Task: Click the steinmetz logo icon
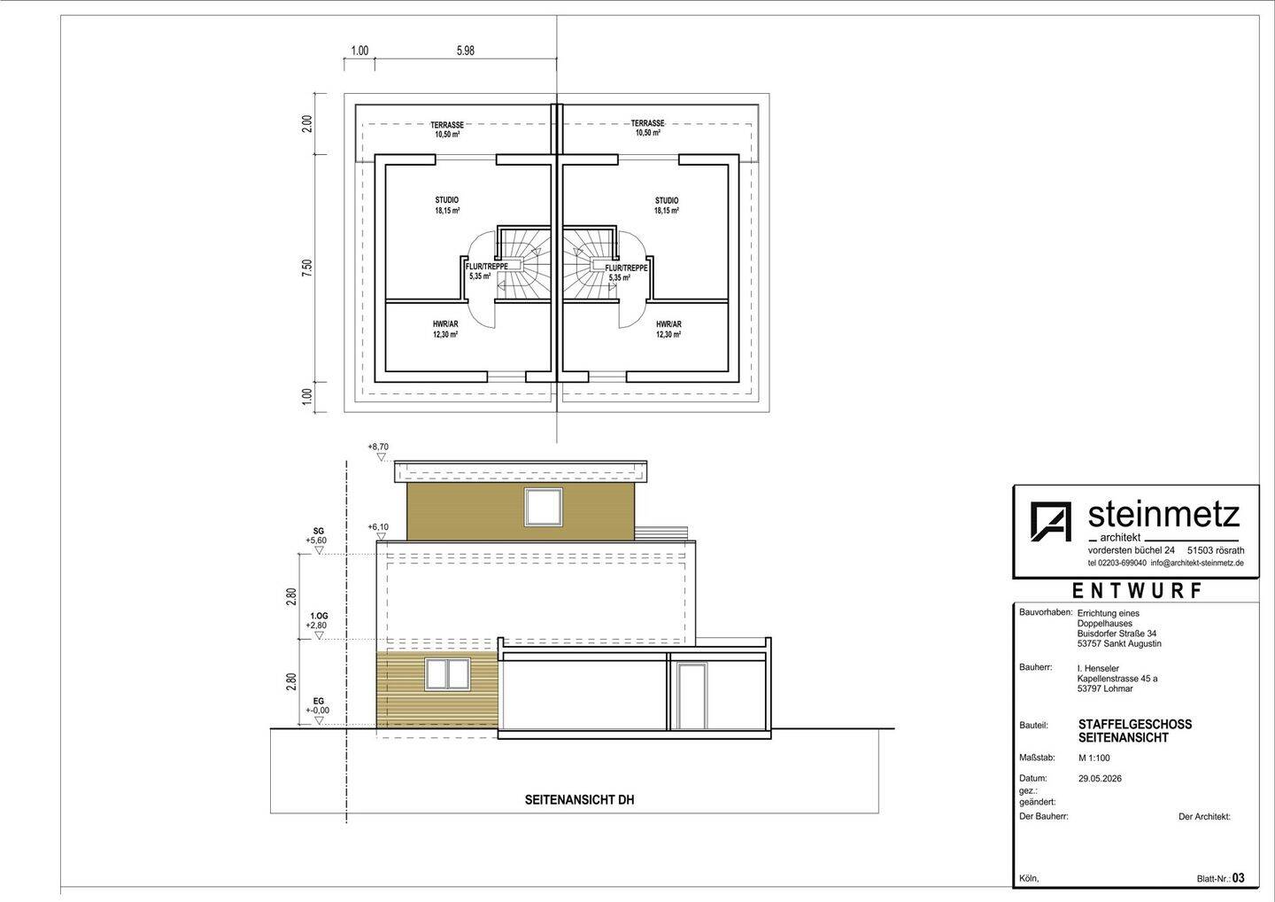click(x=1051, y=521)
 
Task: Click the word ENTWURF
click(x=1137, y=591)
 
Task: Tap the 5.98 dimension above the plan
click(x=465, y=51)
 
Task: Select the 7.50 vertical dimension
click(x=307, y=268)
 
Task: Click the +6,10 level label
click(x=379, y=527)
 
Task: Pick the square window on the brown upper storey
click(x=544, y=507)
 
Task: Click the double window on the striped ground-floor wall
click(x=448, y=674)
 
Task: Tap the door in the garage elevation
click(x=692, y=696)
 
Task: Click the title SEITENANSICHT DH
click(x=579, y=800)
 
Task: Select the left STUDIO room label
click(x=447, y=200)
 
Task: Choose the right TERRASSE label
click(x=648, y=123)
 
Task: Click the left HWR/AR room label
click(x=445, y=324)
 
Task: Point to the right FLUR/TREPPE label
click(x=626, y=268)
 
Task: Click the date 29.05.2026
click(x=1100, y=779)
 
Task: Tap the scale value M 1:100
click(x=1094, y=758)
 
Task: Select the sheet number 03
click(x=1239, y=878)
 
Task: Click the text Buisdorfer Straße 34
click(x=1117, y=634)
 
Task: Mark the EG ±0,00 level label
click(x=318, y=706)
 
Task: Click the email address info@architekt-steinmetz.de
click(x=1197, y=563)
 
